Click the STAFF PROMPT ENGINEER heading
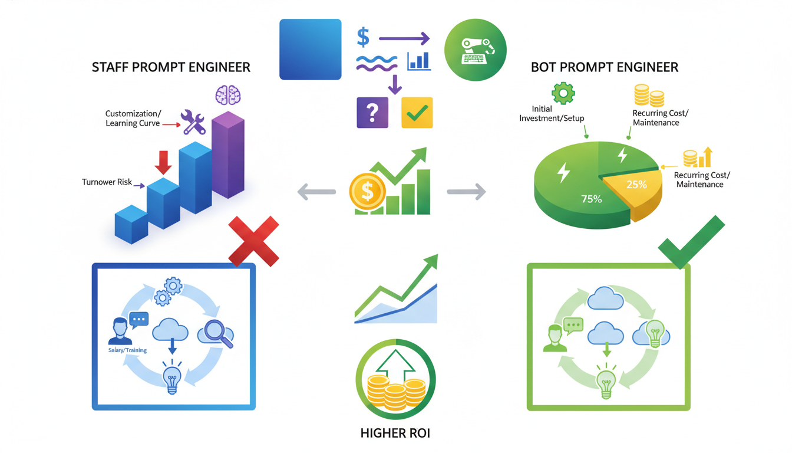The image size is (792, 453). (171, 67)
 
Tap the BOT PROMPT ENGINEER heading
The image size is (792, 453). (605, 67)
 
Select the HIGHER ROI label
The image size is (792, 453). (395, 434)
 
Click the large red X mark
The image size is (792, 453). (253, 241)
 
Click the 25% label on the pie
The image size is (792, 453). (636, 185)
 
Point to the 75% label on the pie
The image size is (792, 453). (591, 199)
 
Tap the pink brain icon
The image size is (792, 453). (228, 95)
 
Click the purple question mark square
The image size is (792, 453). (372, 113)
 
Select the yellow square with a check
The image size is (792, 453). (417, 113)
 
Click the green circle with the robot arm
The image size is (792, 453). (474, 50)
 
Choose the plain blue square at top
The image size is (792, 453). (311, 50)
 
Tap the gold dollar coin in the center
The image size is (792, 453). (367, 192)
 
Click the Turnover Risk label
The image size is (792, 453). (107, 182)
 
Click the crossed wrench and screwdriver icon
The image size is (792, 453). (193, 122)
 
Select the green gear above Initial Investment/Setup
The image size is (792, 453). (563, 93)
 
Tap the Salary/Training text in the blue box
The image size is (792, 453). (127, 350)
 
